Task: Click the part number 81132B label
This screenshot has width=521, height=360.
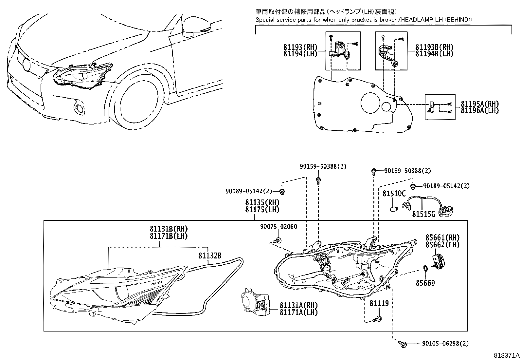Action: [209, 256]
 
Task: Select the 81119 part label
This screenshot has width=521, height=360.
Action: [379, 304]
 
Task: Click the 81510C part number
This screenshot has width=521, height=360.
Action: [394, 194]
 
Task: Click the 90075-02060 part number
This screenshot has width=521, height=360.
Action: [278, 227]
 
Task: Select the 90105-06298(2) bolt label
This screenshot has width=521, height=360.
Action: [445, 344]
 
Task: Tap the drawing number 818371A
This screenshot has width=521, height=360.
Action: [506, 355]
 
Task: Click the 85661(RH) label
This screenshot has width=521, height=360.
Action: [442, 237]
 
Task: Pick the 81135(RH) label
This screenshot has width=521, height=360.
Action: [262, 202]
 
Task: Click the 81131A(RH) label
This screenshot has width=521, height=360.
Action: [298, 305]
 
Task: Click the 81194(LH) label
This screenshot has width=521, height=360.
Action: [300, 54]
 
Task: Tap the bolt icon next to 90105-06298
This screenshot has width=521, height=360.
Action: [403, 344]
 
